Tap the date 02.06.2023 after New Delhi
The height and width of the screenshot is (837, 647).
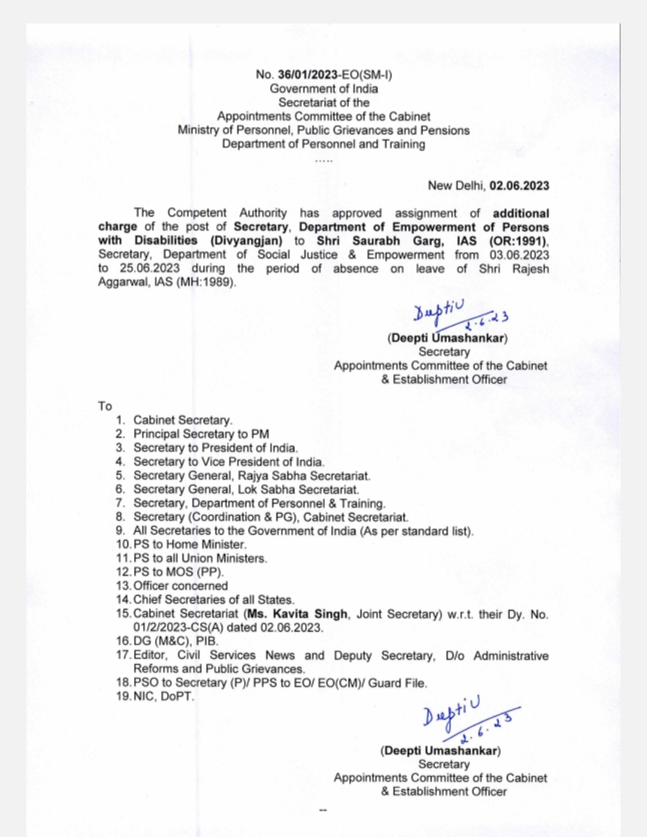tap(519, 186)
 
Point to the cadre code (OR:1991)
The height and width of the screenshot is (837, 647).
tap(518, 241)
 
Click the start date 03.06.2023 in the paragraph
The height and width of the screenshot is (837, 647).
tap(519, 255)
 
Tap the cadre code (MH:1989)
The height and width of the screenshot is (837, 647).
tap(205, 282)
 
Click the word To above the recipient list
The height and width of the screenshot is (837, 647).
tap(105, 406)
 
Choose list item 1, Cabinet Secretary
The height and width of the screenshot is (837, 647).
tap(182, 420)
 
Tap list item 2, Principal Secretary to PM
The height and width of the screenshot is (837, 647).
tap(201, 434)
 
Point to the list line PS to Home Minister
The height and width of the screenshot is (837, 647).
tap(189, 545)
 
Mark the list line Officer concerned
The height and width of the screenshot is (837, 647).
tap(180, 586)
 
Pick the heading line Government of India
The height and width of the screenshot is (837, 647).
tap(323, 89)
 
